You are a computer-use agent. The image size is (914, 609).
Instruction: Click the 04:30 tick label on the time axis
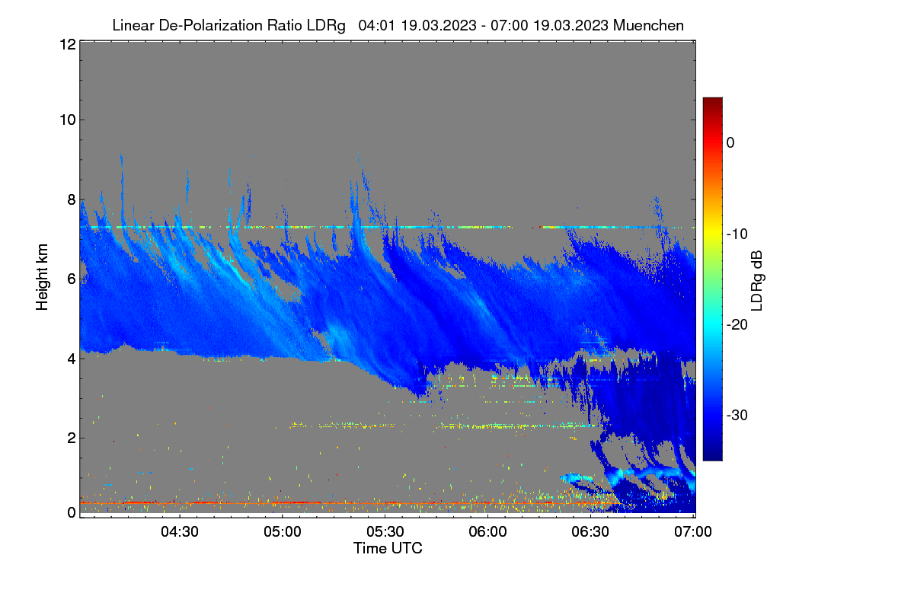pyautogui.click(x=180, y=532)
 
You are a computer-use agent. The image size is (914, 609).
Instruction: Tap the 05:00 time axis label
pyautogui.click(x=283, y=532)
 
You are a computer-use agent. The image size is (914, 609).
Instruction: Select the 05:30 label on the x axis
pyautogui.click(x=385, y=532)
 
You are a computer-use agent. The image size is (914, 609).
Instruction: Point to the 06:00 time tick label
pyautogui.click(x=487, y=532)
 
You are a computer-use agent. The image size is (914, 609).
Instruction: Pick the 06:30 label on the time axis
pyautogui.click(x=590, y=532)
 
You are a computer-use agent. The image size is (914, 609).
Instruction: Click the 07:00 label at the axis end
pyautogui.click(x=693, y=532)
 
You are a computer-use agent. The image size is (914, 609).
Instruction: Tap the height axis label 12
pyautogui.click(x=68, y=44)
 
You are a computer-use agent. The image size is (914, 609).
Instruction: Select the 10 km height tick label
pyautogui.click(x=68, y=120)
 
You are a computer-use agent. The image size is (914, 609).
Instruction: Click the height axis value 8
pyautogui.click(x=72, y=200)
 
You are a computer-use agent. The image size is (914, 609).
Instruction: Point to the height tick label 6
pyautogui.click(x=72, y=279)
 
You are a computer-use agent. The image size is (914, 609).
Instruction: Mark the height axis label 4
pyautogui.click(x=72, y=359)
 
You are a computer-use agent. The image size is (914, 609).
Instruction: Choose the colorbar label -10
pyautogui.click(x=737, y=234)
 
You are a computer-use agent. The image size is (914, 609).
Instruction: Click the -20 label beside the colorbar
pyautogui.click(x=737, y=325)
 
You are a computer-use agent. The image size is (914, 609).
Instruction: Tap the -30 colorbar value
pyautogui.click(x=737, y=415)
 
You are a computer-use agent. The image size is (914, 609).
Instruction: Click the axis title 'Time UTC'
pyautogui.click(x=388, y=548)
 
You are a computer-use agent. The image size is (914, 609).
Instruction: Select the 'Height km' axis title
pyautogui.click(x=42, y=277)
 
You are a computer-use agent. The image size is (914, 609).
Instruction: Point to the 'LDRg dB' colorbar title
pyautogui.click(x=757, y=281)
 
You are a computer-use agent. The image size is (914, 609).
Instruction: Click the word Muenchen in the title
pyautogui.click(x=648, y=26)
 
